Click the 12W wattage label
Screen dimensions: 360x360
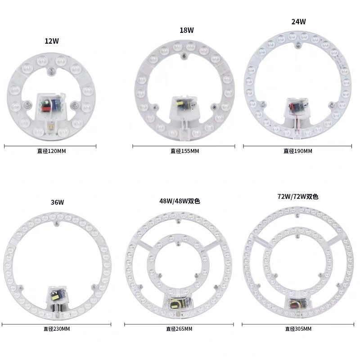(52, 41)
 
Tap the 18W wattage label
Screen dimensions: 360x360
(187, 30)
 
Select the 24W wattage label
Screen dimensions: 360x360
(298, 21)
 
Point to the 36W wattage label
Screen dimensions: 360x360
(58, 202)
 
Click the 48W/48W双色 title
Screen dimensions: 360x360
(180, 201)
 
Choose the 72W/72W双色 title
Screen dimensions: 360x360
(298, 197)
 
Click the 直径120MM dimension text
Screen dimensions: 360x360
(52, 151)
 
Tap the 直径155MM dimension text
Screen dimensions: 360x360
(185, 151)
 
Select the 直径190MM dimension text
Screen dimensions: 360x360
(298, 151)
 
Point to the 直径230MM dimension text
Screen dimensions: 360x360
(57, 329)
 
